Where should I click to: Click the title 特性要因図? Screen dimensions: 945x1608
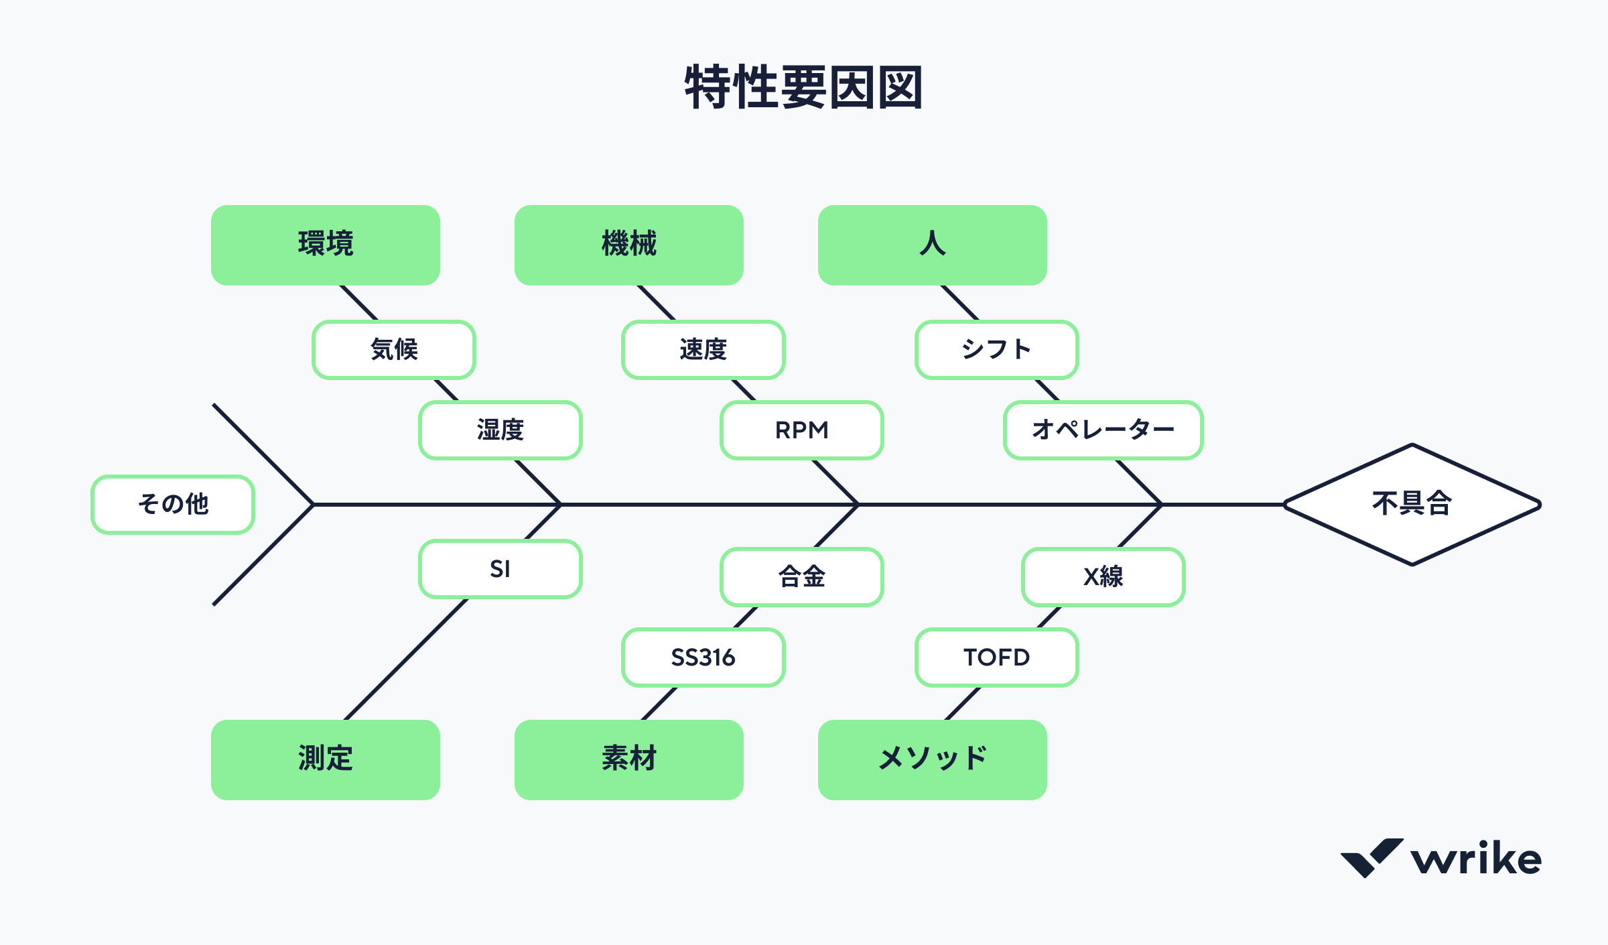803,88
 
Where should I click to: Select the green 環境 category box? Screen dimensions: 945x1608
326,245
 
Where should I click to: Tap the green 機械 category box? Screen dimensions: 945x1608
628,245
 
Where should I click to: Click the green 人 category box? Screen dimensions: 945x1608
932,245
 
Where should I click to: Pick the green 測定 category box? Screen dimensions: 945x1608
326,759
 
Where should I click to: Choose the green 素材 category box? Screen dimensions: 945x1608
628,759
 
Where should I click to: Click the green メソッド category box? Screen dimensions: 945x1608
932,759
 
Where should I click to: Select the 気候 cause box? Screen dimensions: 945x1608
394,350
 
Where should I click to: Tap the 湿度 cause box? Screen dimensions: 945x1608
500,430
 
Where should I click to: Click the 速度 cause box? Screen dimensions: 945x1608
703,350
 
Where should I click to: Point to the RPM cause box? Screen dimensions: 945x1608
801,430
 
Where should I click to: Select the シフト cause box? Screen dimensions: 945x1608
996,350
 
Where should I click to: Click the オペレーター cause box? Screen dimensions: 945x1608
1103,430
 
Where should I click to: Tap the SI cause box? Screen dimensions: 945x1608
500,569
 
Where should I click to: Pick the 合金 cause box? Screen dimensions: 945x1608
801,577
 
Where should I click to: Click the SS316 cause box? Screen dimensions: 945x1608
703,657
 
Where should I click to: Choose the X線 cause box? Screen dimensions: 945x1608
1103,577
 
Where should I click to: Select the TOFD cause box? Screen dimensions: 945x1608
996,657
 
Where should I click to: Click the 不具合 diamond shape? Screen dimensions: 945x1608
1412,504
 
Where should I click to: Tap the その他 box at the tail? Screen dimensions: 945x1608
173,504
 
